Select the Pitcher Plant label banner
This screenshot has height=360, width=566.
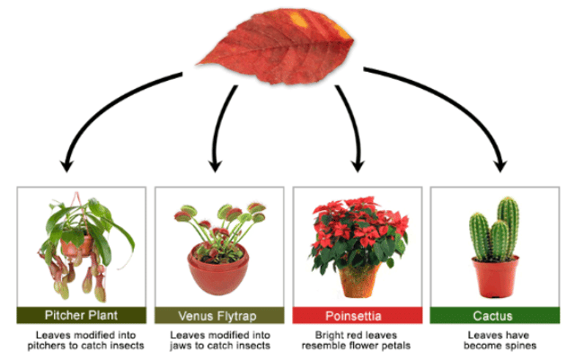[82, 315]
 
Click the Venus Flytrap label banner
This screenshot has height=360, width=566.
[218, 315]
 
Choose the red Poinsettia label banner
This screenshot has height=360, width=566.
[358, 315]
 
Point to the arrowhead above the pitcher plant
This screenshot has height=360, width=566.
[66, 164]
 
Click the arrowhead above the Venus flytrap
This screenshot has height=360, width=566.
[214, 165]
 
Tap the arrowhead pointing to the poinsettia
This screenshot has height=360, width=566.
[358, 165]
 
